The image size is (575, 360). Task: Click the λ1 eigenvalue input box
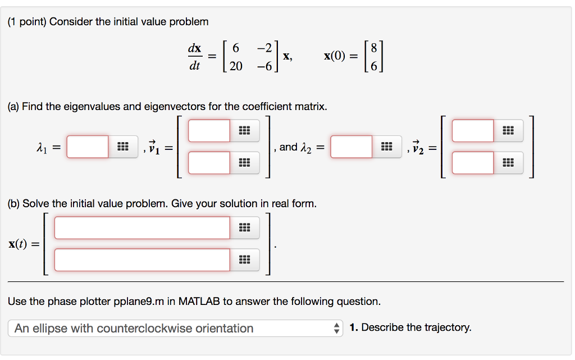click(x=88, y=147)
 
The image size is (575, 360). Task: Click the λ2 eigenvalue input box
click(x=352, y=147)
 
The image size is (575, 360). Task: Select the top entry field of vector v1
click(x=209, y=131)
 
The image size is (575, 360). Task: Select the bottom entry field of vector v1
click(x=209, y=163)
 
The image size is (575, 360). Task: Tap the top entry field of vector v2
click(x=473, y=131)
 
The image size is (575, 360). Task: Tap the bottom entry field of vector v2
click(x=473, y=163)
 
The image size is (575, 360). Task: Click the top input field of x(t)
click(x=142, y=228)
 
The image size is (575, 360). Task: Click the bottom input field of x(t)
click(x=142, y=260)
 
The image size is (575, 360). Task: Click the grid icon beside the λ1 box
click(x=122, y=147)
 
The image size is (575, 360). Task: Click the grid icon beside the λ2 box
click(x=386, y=147)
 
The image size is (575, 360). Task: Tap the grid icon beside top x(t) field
click(x=244, y=228)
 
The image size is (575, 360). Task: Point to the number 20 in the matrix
click(x=236, y=66)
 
